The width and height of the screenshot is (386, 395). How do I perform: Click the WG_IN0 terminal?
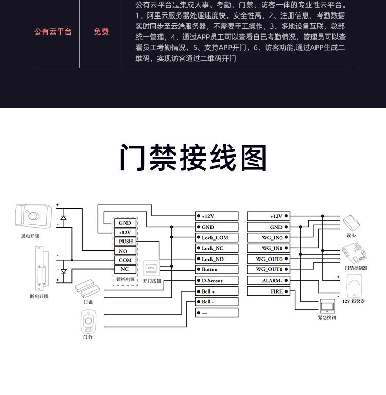tap(269, 237)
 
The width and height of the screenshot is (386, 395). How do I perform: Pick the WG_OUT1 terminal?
tap(269, 269)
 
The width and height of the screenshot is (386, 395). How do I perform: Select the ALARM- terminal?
tap(269, 281)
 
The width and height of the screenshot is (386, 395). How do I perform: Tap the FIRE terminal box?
tap(269, 291)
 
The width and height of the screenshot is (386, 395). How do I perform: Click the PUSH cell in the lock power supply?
tap(125, 242)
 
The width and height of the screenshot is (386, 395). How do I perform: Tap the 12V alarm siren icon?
tap(354, 286)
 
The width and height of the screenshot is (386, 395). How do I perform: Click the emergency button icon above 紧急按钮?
tap(327, 306)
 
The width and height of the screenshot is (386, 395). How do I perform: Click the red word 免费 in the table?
tap(101, 32)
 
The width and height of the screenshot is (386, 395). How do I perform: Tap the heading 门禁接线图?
tap(193, 158)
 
